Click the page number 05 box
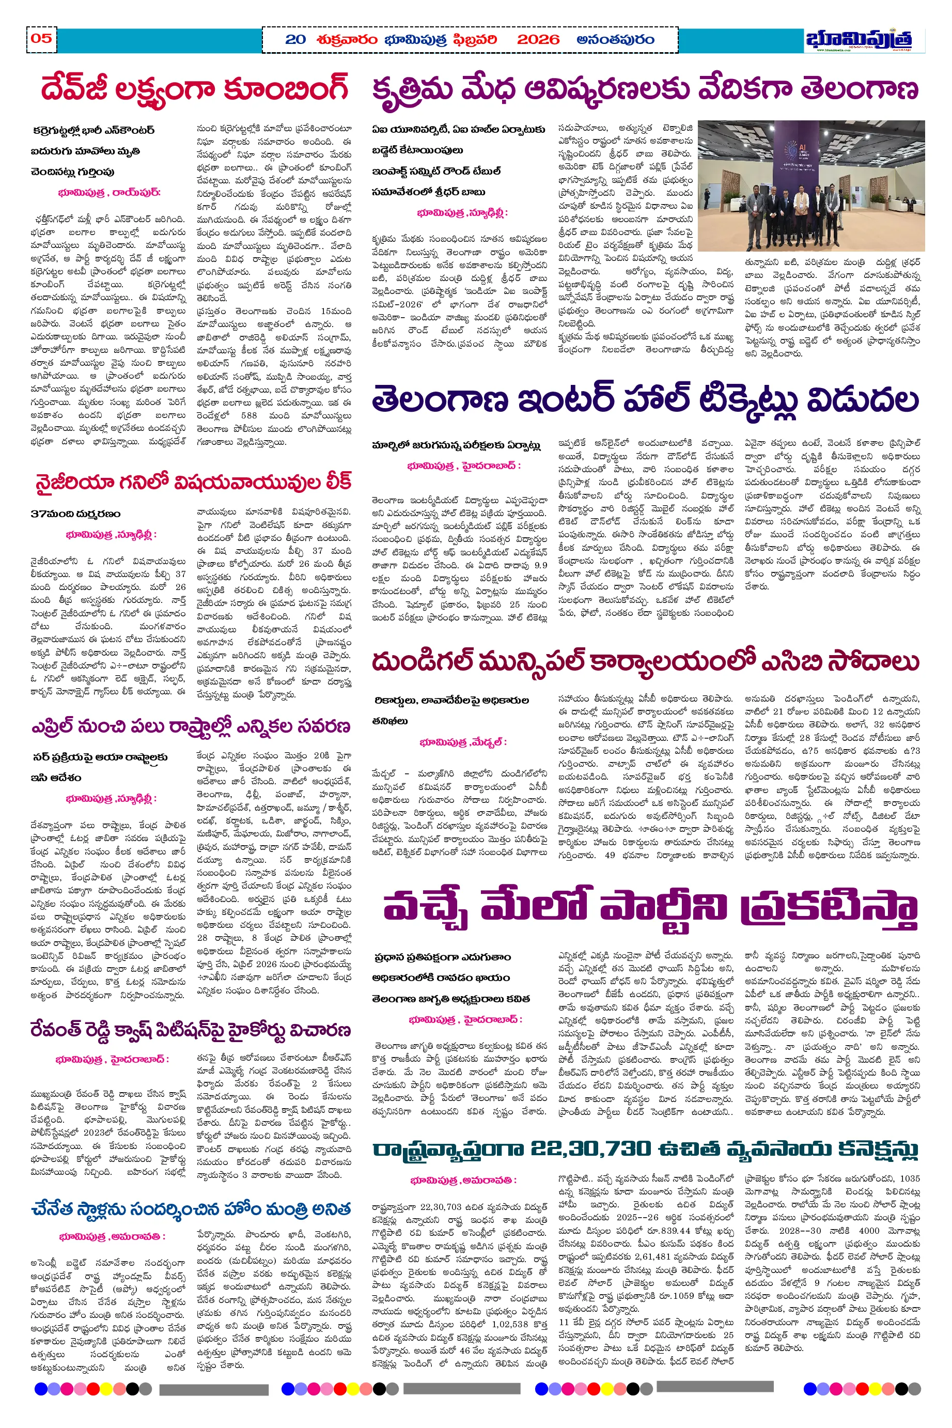[x=41, y=39]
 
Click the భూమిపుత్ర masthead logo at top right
[x=859, y=39]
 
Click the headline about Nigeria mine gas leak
[x=193, y=483]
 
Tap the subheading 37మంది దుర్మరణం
[x=75, y=514]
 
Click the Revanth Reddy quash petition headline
[x=191, y=1031]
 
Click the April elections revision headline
[x=191, y=727]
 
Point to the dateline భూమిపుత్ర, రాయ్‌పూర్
[x=110, y=193]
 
